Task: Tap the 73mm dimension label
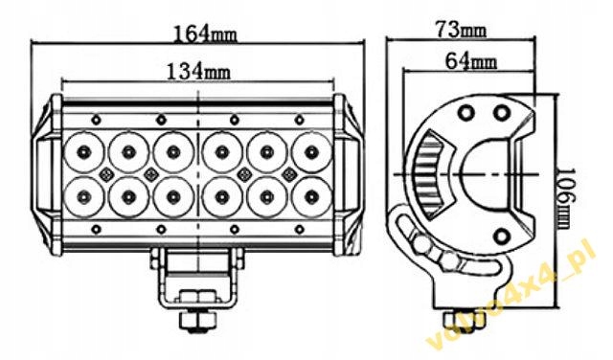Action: coord(461,30)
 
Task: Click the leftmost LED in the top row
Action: coord(83,150)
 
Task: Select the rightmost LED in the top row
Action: coord(312,150)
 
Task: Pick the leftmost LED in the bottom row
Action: coord(83,196)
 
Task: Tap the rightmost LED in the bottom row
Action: coord(312,196)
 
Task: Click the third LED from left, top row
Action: coord(173,150)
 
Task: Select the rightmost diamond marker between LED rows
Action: coord(289,173)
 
